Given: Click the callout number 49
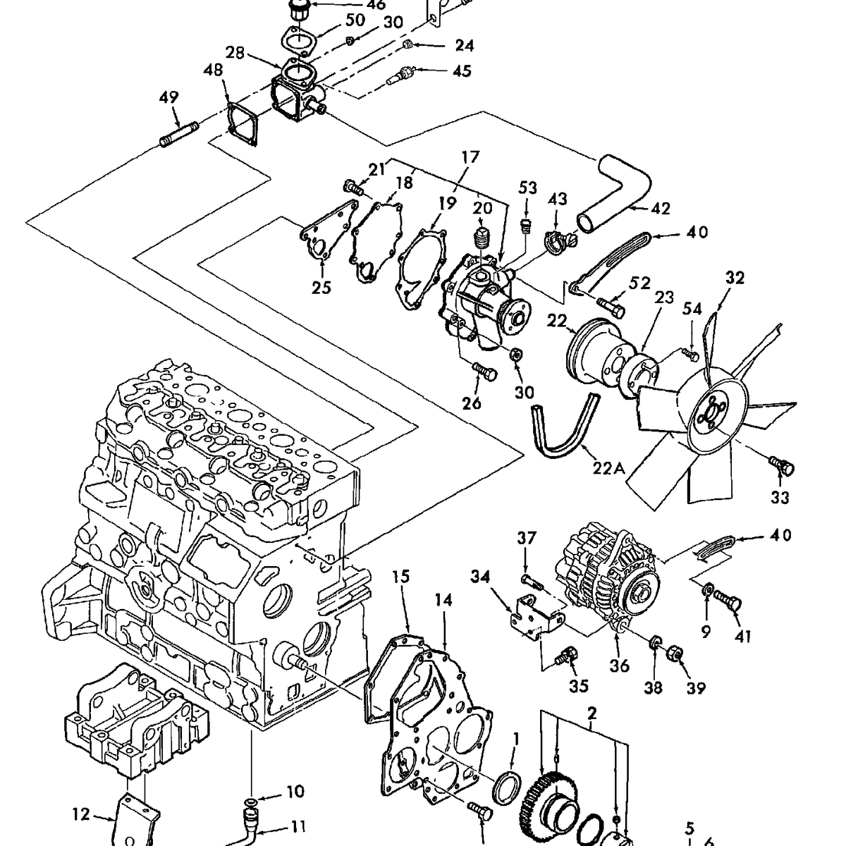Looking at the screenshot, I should coord(170,97).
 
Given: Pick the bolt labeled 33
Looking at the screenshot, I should coord(781,465).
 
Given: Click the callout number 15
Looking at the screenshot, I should coord(400,577).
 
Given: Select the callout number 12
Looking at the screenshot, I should coord(82,815).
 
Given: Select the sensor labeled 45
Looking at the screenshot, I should coord(403,75).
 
